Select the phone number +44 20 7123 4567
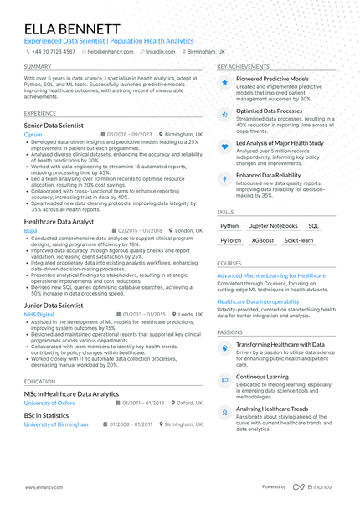tap(53, 51)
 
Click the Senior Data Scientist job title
tap(54, 125)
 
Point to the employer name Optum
tap(33, 134)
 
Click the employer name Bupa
tap(30, 229)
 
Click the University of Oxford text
tap(49, 403)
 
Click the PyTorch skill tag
tap(230, 240)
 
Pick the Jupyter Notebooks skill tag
tap(273, 226)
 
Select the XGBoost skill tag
tap(262, 240)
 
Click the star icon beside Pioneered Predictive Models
tap(224, 83)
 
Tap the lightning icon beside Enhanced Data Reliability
tap(224, 179)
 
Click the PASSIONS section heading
tap(230, 332)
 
